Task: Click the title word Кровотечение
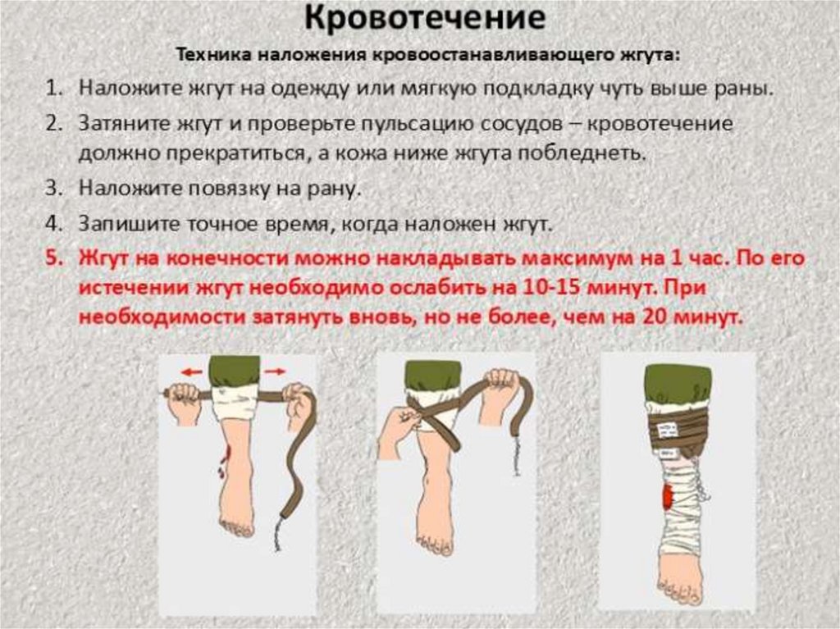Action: pyautogui.click(x=425, y=19)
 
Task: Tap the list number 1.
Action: pyautogui.click(x=51, y=88)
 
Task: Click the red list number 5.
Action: pyautogui.click(x=54, y=258)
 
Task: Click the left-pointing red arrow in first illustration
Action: pyautogui.click(x=191, y=371)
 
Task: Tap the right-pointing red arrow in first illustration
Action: pyautogui.click(x=276, y=371)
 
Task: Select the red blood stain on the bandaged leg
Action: pyautogui.click(x=668, y=497)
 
